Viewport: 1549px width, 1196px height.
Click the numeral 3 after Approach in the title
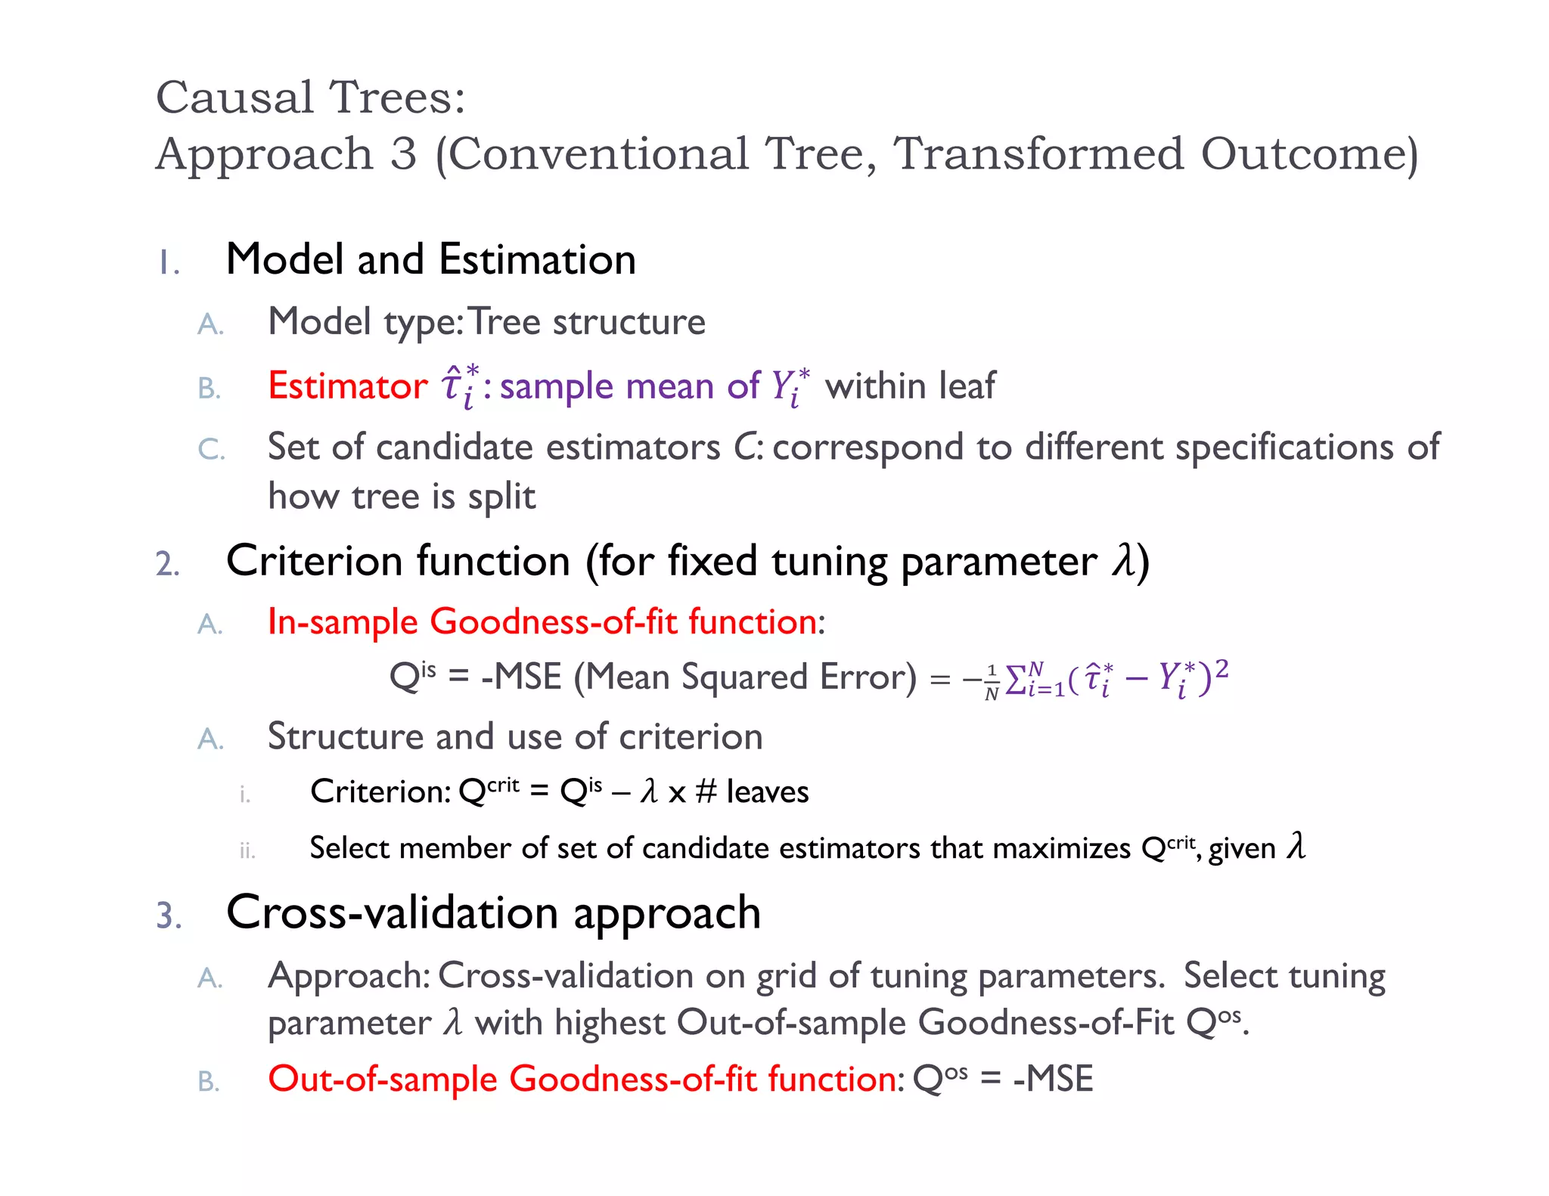tap(403, 154)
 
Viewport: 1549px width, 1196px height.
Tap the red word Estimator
tap(348, 386)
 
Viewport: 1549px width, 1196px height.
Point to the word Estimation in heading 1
tap(537, 259)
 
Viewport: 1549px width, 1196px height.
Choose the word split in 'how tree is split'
tap(501, 497)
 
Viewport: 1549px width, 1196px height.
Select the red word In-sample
tap(343, 622)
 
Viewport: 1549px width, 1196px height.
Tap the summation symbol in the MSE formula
tap(1016, 677)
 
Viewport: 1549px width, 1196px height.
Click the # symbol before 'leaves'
tap(706, 792)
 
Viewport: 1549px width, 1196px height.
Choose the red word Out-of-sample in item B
tap(382, 1079)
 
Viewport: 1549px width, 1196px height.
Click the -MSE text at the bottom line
tap(1053, 1079)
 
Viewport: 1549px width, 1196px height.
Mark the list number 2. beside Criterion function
tap(168, 564)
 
